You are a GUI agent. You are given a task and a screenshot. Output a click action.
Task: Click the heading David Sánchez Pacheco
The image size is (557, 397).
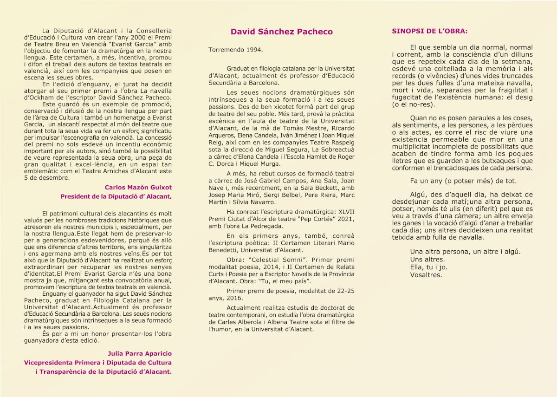[x=282, y=32]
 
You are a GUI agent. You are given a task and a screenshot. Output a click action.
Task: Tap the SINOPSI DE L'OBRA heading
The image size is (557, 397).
[x=430, y=32]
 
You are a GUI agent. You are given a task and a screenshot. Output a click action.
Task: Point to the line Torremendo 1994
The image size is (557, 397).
[x=236, y=49]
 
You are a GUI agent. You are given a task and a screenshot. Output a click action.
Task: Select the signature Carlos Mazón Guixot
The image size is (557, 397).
[x=138, y=188]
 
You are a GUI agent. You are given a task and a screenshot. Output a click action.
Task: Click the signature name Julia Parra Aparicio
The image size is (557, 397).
[x=140, y=353]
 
